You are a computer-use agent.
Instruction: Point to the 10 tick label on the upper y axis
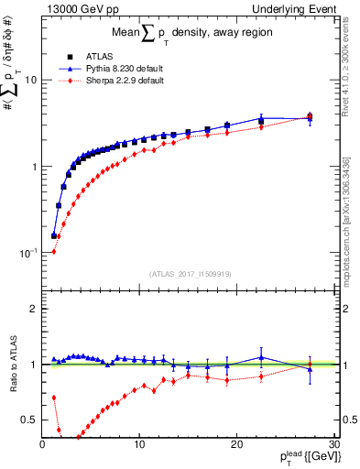[30, 81]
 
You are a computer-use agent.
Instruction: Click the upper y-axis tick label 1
[34, 167]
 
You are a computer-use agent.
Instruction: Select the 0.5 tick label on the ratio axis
[29, 420]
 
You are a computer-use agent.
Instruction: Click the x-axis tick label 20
[236, 444]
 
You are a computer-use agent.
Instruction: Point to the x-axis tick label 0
[43, 444]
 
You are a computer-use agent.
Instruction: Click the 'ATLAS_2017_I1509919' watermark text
[189, 272]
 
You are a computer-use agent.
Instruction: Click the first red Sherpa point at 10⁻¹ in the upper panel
[54, 251]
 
